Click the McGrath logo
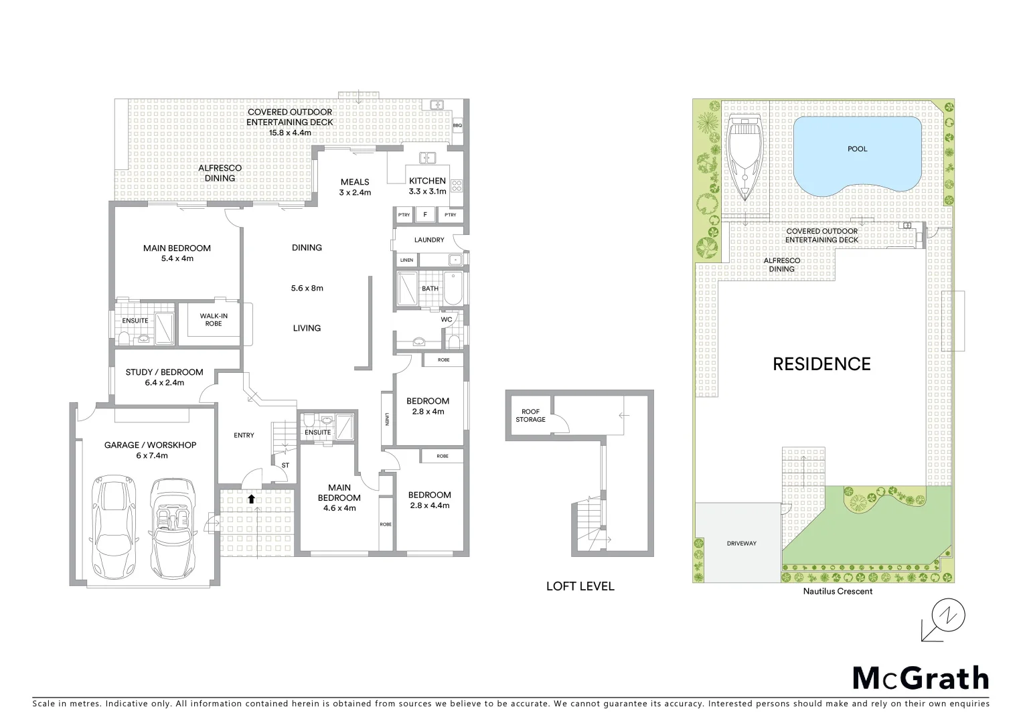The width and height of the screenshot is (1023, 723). (921, 678)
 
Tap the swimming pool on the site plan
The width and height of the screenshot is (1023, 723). (857, 157)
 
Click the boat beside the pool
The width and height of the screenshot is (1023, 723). (744, 157)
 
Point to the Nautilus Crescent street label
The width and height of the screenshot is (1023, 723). (838, 591)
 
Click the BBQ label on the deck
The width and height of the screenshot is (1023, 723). (457, 125)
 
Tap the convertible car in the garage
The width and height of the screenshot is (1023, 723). (171, 528)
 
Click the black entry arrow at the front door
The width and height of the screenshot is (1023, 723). (251, 499)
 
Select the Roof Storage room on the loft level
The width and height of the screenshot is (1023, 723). (530, 416)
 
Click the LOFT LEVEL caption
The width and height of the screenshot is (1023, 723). (580, 586)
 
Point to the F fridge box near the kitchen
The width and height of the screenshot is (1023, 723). (425, 215)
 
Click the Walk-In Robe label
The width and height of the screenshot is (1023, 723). (214, 320)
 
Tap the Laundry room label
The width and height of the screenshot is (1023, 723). (429, 240)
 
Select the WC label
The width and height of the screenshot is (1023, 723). (447, 319)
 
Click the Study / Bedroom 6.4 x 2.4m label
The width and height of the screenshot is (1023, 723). (164, 378)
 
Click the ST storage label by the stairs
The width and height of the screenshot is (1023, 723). (285, 465)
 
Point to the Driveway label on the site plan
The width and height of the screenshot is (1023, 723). (741, 543)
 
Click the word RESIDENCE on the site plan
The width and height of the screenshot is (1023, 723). (821, 364)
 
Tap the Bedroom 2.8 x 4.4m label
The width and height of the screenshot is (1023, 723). (429, 500)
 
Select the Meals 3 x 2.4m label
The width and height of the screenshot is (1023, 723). (355, 187)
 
